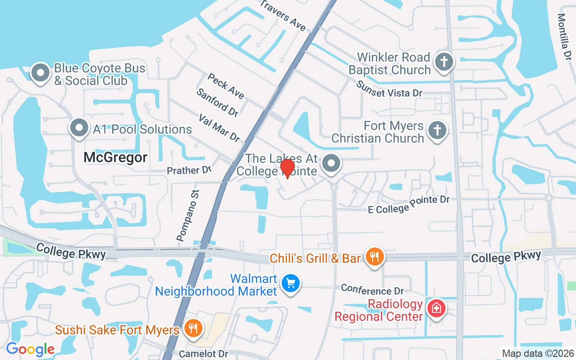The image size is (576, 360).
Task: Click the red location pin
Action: tap(287, 168)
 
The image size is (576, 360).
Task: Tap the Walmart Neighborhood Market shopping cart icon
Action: tap(291, 283)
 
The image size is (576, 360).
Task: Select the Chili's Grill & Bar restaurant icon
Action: tap(374, 257)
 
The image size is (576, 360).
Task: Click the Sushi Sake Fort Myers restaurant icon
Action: tap(193, 328)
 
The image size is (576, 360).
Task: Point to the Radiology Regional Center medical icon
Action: tap(436, 309)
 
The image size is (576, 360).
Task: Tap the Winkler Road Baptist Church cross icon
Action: tap(444, 62)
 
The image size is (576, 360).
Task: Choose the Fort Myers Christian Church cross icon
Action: tap(436, 130)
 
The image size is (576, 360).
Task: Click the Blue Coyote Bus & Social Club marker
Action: tap(40, 73)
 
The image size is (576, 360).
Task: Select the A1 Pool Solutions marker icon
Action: tap(79, 128)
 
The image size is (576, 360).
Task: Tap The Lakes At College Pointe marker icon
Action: tap(332, 163)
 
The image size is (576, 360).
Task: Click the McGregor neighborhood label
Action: tap(116, 157)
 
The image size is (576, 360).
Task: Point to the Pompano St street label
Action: tap(188, 216)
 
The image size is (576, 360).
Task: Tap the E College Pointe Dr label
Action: tap(409, 204)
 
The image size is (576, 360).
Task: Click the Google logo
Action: tap(30, 349)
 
